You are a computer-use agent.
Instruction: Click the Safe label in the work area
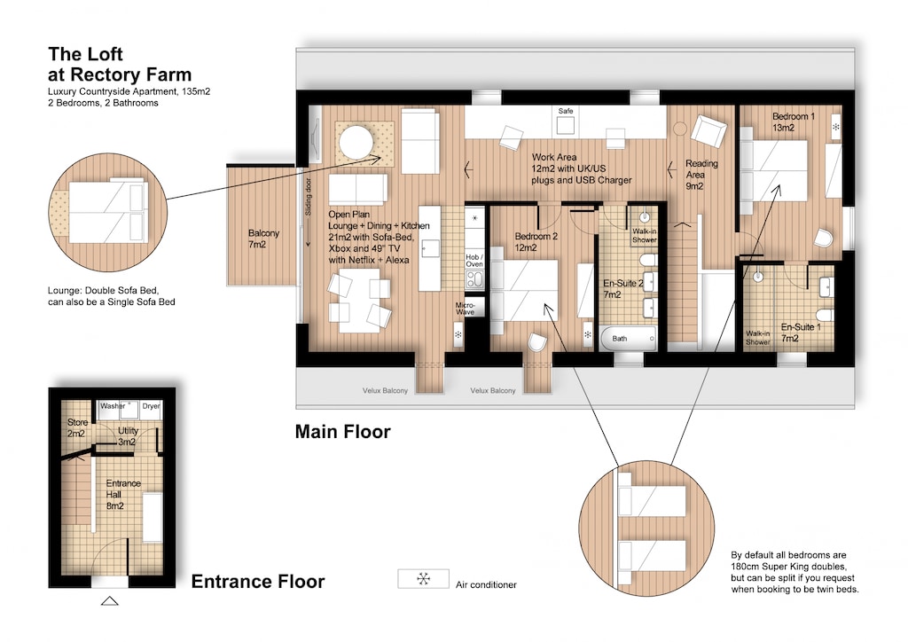(565, 110)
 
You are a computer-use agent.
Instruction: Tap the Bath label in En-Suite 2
(620, 338)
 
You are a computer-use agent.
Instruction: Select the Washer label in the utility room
(113, 406)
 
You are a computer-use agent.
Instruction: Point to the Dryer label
(151, 406)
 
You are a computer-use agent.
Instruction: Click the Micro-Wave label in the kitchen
(466, 309)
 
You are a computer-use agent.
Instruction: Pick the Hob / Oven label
(474, 259)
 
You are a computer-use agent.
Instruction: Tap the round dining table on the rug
(357, 142)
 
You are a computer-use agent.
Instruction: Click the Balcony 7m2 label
(263, 239)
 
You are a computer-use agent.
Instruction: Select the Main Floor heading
(342, 433)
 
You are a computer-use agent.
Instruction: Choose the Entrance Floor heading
(258, 583)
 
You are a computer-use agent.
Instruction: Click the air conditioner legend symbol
(423, 579)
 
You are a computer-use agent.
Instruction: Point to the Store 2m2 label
(76, 428)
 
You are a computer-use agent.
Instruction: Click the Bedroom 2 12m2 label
(536, 242)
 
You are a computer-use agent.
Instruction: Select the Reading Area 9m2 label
(701, 175)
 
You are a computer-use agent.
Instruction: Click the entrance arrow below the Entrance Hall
(110, 600)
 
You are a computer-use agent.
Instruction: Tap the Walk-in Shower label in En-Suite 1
(757, 337)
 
